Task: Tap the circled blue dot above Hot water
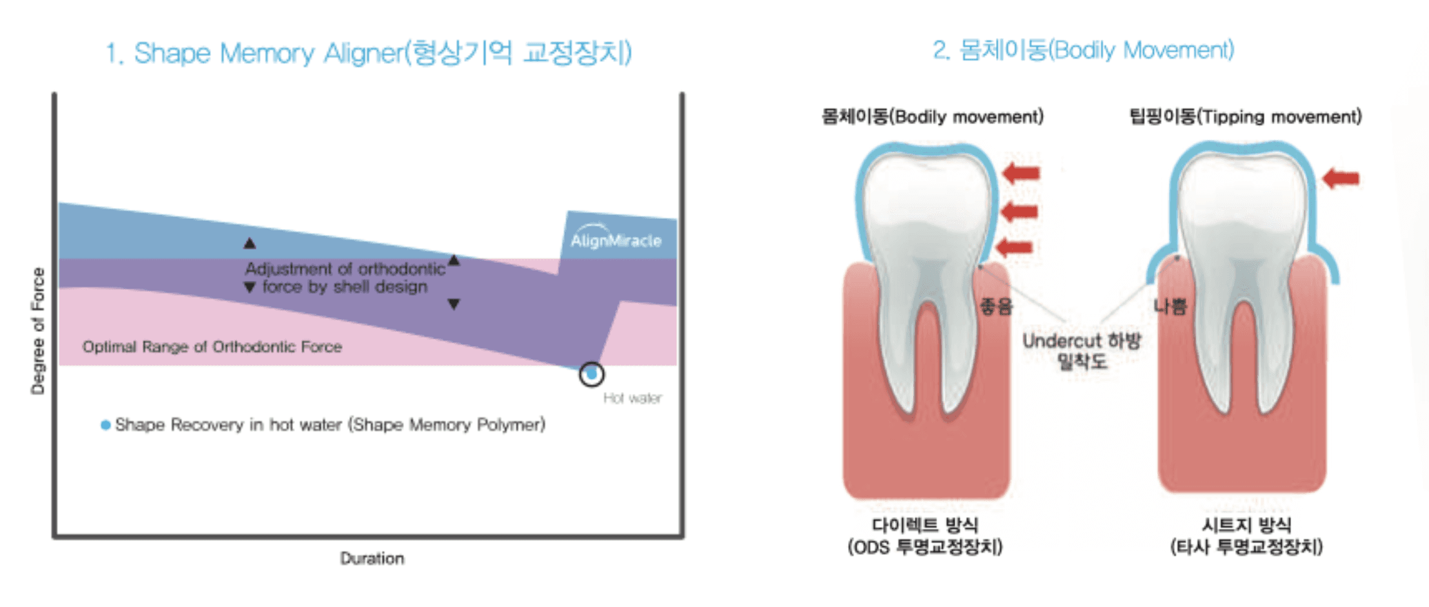(x=591, y=374)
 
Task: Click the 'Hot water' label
(x=632, y=398)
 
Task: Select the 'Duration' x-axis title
(x=372, y=558)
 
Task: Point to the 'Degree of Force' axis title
(x=38, y=331)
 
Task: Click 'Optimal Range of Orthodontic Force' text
(x=212, y=347)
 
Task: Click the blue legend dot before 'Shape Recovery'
(x=105, y=425)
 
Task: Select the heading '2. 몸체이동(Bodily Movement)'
(x=1083, y=50)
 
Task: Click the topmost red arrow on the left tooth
(x=1021, y=173)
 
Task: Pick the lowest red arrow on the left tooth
(x=1015, y=247)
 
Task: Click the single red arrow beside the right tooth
(x=1341, y=178)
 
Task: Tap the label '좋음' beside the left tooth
(x=996, y=306)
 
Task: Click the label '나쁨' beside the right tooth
(x=1170, y=306)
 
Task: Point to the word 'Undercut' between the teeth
(x=1061, y=340)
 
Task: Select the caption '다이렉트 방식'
(x=924, y=524)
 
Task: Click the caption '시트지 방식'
(x=1246, y=524)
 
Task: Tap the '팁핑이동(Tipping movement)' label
(x=1245, y=117)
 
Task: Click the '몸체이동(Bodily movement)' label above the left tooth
(x=932, y=117)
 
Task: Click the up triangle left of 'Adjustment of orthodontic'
(x=250, y=243)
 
